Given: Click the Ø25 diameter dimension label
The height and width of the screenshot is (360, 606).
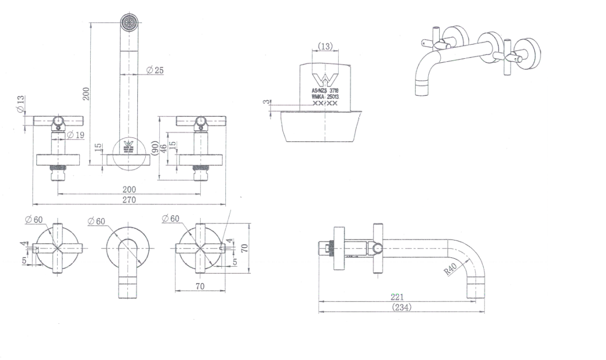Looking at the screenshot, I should click(155, 70).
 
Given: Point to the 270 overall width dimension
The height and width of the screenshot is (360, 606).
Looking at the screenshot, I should click(129, 200).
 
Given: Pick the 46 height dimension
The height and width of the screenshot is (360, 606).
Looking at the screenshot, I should click(164, 148).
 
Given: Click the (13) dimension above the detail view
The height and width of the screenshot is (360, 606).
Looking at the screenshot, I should click(325, 47).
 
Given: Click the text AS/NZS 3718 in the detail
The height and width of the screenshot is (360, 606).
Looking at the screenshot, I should click(324, 91).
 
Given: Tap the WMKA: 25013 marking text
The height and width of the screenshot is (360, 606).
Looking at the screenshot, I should click(324, 97).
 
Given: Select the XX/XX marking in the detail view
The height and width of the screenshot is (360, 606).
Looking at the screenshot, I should click(324, 104).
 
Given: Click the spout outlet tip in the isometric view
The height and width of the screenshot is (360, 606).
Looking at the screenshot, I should click(423, 91).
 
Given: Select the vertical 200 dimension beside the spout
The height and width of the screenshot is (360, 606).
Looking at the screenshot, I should click(86, 93).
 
